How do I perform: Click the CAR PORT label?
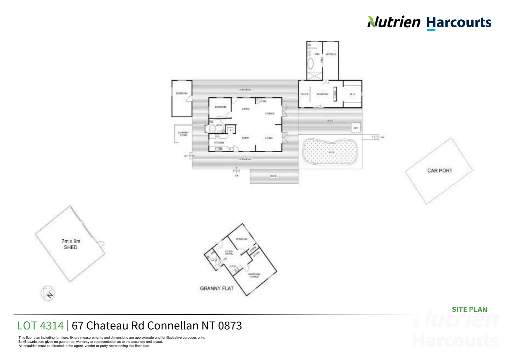pos(440,170)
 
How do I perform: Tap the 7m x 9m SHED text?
pos(71,244)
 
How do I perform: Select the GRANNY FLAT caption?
pos(217,288)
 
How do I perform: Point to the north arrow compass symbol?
pos(48,293)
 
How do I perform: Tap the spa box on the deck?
pos(356,128)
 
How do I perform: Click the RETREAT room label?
pos(331,54)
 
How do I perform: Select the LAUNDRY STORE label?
pos(184,134)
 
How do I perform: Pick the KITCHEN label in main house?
pos(219,143)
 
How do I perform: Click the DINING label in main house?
pos(246,109)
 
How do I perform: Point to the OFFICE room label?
pos(304,94)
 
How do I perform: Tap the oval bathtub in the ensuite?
pos(310,63)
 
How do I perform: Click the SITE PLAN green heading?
pos(469,309)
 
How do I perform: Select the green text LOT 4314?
pos(40,325)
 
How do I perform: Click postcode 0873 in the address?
pos(230,325)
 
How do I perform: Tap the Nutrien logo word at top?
pos(394,22)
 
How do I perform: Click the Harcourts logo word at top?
pos(459,23)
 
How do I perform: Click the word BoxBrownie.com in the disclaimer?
pos(31,342)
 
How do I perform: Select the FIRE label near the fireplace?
pos(264,101)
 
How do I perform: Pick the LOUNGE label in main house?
pos(270,114)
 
